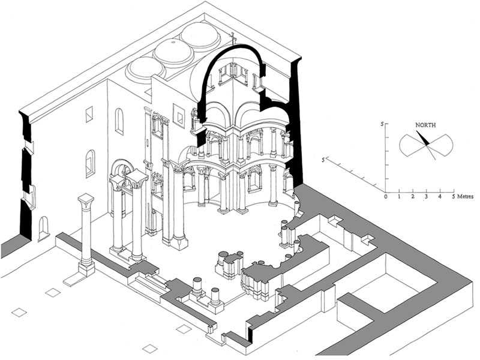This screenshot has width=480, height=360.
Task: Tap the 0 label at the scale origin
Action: (x=386, y=197)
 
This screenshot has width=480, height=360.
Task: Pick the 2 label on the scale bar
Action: (x=413, y=197)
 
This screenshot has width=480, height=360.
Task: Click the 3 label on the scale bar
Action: (x=427, y=197)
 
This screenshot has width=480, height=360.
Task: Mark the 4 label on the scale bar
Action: (x=440, y=197)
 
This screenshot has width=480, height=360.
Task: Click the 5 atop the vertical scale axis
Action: (x=380, y=124)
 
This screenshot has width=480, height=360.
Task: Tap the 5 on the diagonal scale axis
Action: (x=324, y=160)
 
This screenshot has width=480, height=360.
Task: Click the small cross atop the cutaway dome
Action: (x=233, y=38)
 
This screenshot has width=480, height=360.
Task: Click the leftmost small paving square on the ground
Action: (x=19, y=313)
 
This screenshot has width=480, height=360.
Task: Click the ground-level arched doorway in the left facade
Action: (x=43, y=228)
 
